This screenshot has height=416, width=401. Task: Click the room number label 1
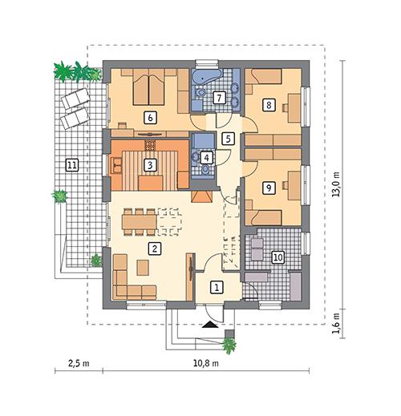(215, 286)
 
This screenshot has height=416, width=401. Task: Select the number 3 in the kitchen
(148, 165)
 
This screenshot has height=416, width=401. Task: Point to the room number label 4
(207, 158)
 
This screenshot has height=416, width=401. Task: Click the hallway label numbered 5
(229, 139)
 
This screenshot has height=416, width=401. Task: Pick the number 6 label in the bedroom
(148, 116)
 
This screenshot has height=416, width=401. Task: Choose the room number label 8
(269, 104)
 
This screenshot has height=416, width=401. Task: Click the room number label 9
(269, 187)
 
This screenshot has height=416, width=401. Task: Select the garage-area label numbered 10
(277, 257)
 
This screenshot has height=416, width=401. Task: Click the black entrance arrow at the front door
(210, 325)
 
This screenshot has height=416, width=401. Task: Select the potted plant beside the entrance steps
(229, 345)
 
